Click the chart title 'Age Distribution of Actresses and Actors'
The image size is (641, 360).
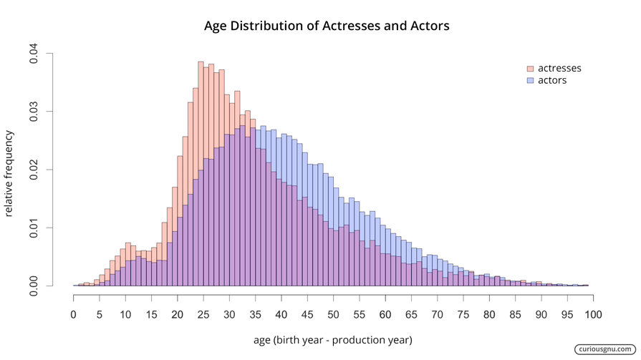coord(327,26)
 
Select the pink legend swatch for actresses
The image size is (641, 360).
coord(530,69)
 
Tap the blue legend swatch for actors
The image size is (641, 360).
coord(530,81)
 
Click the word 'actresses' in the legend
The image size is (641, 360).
coord(559,69)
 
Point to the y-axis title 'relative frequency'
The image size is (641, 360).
coord(9,173)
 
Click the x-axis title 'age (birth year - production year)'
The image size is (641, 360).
coord(332,339)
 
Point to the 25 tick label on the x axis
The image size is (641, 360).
coord(203,314)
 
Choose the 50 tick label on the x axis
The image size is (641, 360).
coord(333,314)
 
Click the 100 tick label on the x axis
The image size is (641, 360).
coord(593,314)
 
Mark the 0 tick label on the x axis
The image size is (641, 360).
coord(74,314)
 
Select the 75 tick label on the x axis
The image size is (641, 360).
coord(463,314)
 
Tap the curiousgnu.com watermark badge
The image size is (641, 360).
coord(604,349)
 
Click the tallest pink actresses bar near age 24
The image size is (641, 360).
coord(201,172)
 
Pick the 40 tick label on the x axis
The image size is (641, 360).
coord(281,314)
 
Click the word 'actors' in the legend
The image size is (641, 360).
coord(552,81)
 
